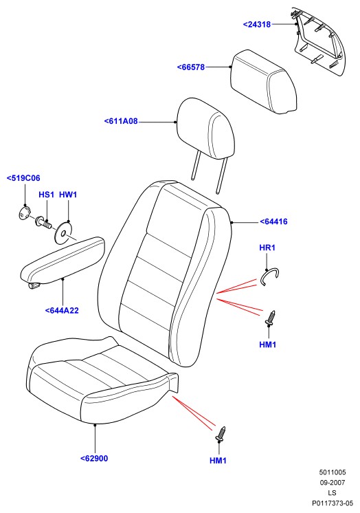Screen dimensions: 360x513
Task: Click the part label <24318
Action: pyautogui.click(x=257, y=24)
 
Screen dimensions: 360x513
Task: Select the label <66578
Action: pyautogui.click(x=191, y=67)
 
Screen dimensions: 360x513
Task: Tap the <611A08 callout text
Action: pyautogui.click(x=121, y=121)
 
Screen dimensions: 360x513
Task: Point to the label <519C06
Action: pyautogui.click(x=23, y=178)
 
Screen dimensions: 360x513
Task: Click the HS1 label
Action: pyautogui.click(x=47, y=195)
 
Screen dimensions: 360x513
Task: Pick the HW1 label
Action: pyautogui.click(x=68, y=195)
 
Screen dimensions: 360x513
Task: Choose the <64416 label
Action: pyautogui.click(x=273, y=221)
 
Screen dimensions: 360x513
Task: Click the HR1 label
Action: pyautogui.click(x=267, y=248)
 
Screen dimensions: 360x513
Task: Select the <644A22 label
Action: pyautogui.click(x=62, y=311)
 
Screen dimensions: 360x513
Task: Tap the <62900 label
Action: pyautogui.click(x=94, y=459)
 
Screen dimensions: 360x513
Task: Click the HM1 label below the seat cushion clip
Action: pyautogui.click(x=218, y=461)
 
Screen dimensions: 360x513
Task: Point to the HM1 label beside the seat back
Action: pyautogui.click(x=268, y=345)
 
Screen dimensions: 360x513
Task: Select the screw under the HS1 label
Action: pyautogui.click(x=43, y=223)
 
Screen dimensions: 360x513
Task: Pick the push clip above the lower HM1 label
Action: pyautogui.click(x=221, y=434)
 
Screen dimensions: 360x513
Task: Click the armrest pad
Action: pyautogui.click(x=62, y=260)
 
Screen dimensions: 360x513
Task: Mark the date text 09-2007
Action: pyautogui.click(x=333, y=482)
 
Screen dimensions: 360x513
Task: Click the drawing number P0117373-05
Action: pyautogui.click(x=333, y=503)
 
